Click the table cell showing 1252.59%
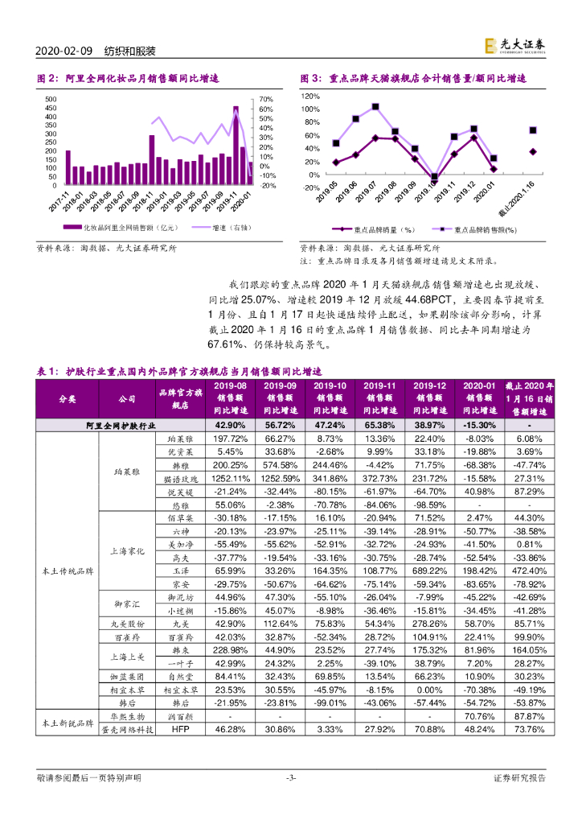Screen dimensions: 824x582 click(280, 478)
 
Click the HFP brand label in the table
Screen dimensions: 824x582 click(178, 729)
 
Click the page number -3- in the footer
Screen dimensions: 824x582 click(291, 779)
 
